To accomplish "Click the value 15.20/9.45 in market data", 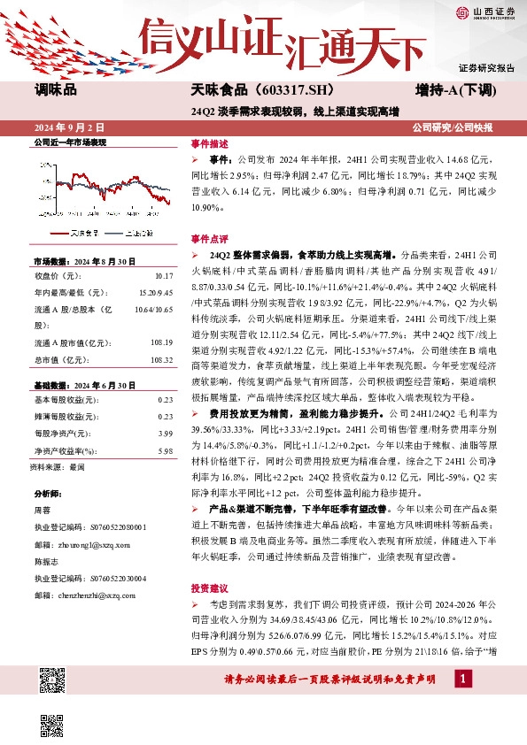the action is click(x=155, y=293).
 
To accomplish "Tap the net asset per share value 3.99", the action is click(x=166, y=433).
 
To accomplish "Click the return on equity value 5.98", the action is click(x=166, y=449).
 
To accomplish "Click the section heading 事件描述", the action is click(x=209, y=143).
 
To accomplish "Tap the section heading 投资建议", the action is click(x=209, y=588).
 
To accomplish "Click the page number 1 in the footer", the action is click(x=462, y=678).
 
